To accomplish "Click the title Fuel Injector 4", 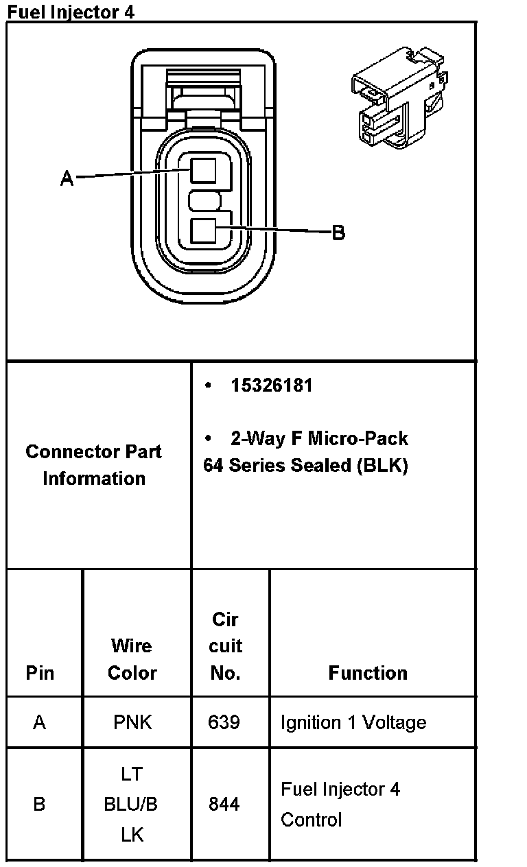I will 71,11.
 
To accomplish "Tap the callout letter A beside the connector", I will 67,179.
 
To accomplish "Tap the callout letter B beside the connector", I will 338,233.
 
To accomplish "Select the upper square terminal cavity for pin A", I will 203,169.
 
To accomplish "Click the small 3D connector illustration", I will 399,97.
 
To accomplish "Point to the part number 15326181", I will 272,385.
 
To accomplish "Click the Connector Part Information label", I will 94,465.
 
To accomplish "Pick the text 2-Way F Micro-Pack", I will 319,438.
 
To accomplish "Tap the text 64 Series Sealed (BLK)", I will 305,466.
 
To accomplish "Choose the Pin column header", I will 40,673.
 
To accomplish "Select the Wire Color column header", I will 132,659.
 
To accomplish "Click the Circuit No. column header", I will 226,646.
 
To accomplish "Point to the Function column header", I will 368,673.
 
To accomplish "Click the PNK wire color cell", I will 132,722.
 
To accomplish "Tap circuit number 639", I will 224,722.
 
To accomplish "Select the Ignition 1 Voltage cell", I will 353,722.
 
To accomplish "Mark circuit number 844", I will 224,804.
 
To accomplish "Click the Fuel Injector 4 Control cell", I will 340,804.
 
